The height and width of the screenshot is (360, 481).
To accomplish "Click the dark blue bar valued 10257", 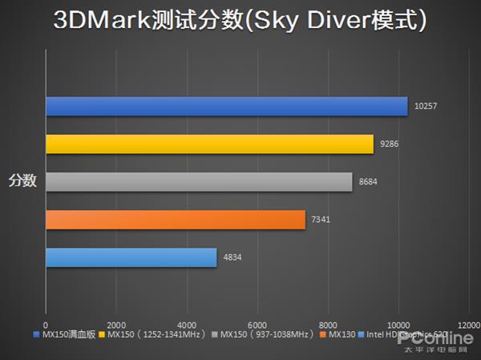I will pyautogui.click(x=226, y=106).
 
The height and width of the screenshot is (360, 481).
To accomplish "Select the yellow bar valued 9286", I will pyautogui.click(x=209, y=144).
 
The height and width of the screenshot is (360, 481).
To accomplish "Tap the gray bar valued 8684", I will pyautogui.click(x=199, y=181).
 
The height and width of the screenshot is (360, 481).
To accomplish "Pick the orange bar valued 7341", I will pyautogui.click(x=175, y=219).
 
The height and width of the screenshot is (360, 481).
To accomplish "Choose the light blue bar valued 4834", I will pyautogui.click(x=131, y=257).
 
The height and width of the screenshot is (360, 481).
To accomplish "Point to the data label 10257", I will pyautogui.click(x=426, y=106).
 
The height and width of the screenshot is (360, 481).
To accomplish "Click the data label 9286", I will pyautogui.click(x=392, y=144).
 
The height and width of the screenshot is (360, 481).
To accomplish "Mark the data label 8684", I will pyautogui.click(x=369, y=181).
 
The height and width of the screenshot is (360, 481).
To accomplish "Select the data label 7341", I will pyautogui.click(x=322, y=219).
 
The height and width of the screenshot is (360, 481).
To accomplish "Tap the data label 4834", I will pyautogui.click(x=232, y=257).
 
